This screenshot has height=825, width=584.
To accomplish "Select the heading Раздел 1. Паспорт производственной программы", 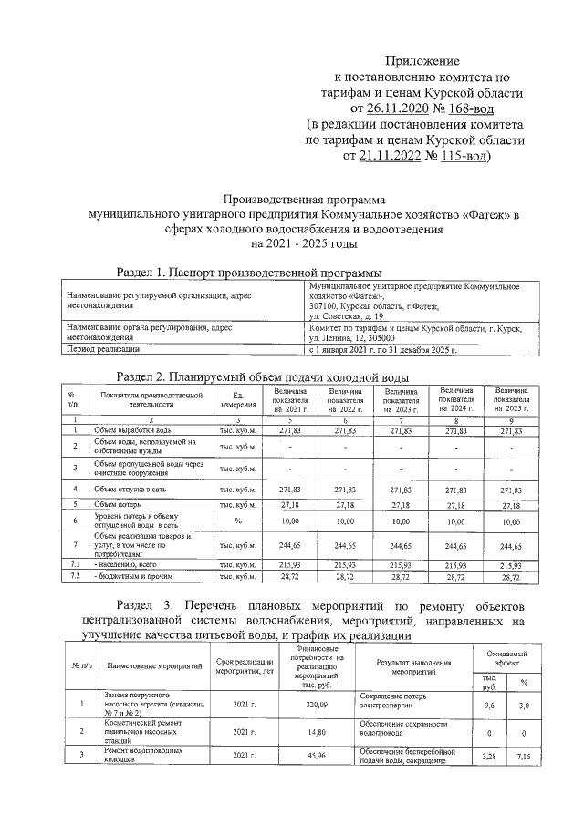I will (248, 272).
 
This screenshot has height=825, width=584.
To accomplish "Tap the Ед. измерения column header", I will (238, 399).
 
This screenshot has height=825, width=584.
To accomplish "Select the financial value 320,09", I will (292, 705).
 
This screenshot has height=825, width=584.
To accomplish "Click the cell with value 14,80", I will (292, 732).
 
